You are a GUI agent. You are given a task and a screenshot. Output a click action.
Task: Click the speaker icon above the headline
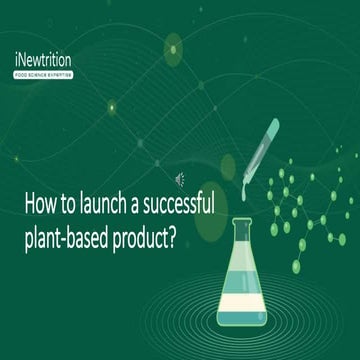click(181, 180)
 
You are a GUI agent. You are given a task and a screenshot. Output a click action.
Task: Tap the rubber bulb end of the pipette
click(271, 128)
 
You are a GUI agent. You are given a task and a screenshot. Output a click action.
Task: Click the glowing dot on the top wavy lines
click(172, 47)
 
